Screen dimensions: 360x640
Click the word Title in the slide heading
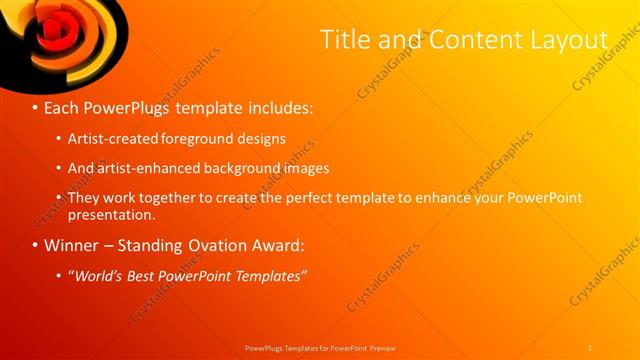coord(344,39)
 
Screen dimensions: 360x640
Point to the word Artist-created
coord(115,138)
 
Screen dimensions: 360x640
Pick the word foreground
coord(204,138)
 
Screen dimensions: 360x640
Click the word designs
coord(263,138)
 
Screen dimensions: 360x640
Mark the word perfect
coord(341,198)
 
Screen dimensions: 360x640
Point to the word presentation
coord(111,214)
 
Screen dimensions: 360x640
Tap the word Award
coord(301,245)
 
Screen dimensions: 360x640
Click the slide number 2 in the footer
coord(589,348)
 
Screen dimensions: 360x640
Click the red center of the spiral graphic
coord(52,27)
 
